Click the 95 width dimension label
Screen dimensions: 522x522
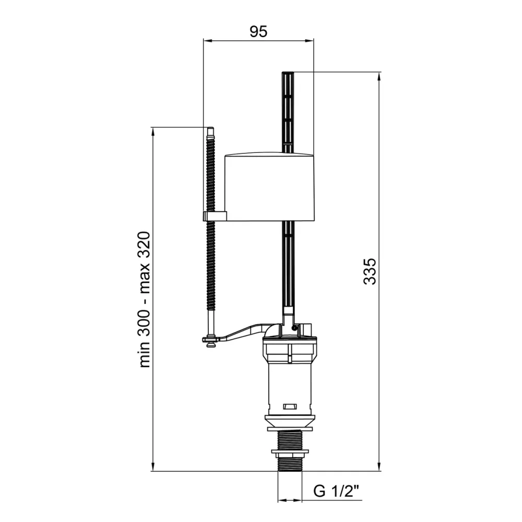click(258, 31)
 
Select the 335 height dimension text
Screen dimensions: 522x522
click(370, 271)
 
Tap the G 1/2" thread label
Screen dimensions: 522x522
click(337, 491)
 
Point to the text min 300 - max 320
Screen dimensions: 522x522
click(145, 299)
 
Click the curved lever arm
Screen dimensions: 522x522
click(240, 334)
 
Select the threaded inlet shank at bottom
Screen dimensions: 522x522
click(290, 450)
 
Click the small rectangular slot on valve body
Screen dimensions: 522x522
click(289, 407)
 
